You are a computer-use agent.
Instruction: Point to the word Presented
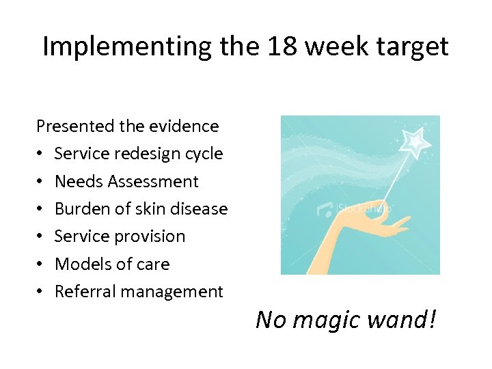tap(75, 126)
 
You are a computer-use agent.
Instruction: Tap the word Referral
tap(82, 292)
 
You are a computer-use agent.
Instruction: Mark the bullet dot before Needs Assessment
tap(41, 182)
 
